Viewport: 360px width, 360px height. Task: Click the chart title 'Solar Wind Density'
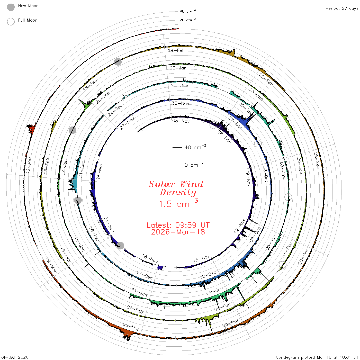pyautogui.click(x=176, y=188)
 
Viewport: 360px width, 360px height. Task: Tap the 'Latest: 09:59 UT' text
pyautogui.click(x=178, y=225)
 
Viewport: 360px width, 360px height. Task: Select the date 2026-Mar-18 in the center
pyautogui.click(x=178, y=232)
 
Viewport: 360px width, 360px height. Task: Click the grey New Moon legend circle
pyautogui.click(x=11, y=7)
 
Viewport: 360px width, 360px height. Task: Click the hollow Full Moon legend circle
pyautogui.click(x=11, y=22)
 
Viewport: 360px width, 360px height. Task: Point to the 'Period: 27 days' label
pyautogui.click(x=342, y=8)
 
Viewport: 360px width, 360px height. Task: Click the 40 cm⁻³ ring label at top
pyautogui.click(x=188, y=11)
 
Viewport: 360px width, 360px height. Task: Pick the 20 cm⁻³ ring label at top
pyautogui.click(x=188, y=20)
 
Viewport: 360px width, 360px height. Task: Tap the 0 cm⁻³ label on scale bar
pyautogui.click(x=194, y=165)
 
